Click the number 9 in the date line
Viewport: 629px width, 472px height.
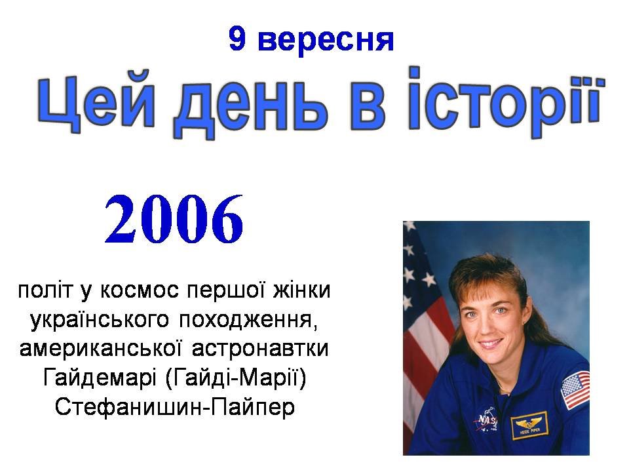click(x=237, y=39)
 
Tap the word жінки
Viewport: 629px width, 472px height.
click(x=301, y=290)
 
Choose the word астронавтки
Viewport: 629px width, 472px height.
click(x=260, y=349)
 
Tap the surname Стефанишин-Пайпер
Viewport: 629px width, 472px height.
click(x=175, y=407)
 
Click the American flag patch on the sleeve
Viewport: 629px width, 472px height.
click(x=575, y=389)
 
